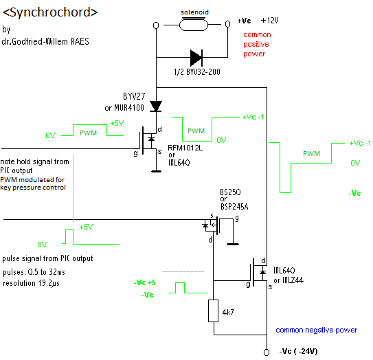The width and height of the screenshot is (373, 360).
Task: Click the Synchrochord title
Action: (50, 12)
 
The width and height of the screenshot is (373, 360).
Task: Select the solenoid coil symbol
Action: (194, 25)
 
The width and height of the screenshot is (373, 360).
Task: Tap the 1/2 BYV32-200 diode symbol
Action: (196, 58)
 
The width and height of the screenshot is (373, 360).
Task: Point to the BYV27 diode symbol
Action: (156, 106)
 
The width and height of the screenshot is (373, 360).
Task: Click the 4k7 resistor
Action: (214, 311)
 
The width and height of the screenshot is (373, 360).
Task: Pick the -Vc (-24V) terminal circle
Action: (267, 352)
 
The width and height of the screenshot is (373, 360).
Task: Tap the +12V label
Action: (269, 21)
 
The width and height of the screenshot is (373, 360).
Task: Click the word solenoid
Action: (194, 12)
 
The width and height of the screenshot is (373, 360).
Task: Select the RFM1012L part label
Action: (185, 148)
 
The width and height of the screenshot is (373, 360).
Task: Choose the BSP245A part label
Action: (234, 207)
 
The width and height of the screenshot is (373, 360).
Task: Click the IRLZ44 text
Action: (293, 280)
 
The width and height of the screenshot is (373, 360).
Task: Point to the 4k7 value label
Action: (228, 312)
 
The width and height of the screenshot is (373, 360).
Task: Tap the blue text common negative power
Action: (317, 330)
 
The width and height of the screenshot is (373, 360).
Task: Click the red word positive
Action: (256, 44)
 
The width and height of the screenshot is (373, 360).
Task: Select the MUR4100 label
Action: (129, 108)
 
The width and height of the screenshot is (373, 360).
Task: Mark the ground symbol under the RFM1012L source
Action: (157, 171)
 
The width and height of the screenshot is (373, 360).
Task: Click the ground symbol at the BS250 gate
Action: (233, 244)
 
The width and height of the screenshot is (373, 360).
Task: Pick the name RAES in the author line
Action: (80, 41)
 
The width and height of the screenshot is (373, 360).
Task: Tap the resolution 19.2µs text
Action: (31, 283)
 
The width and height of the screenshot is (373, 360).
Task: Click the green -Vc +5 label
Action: (145, 282)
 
